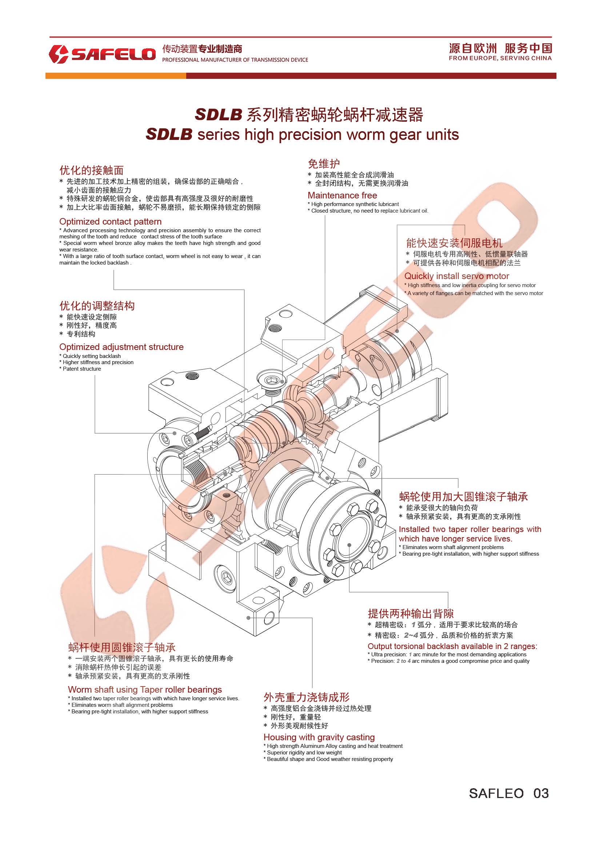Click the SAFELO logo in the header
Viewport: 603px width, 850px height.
coord(102,54)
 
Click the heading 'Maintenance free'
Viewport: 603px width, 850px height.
coord(342,195)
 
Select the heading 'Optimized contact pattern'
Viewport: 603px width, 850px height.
coord(110,222)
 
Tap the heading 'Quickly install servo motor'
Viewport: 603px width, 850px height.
coord(456,276)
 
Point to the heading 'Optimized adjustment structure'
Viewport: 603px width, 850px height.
coord(121,347)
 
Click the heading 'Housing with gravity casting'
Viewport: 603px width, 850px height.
coord(319,737)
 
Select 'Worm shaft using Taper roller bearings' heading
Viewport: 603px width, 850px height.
coord(145,690)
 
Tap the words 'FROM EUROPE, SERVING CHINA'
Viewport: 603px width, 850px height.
coord(500,58)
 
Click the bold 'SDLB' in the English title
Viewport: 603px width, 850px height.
coord(169,134)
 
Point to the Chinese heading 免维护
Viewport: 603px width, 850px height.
coord(323,164)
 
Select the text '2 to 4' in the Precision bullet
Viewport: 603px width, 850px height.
coord(403,661)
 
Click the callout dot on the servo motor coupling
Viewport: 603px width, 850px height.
coord(397,331)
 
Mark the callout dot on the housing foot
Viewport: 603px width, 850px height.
coord(248,618)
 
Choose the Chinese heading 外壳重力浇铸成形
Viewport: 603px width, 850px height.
coord(306,697)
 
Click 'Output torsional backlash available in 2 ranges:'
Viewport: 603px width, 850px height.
coord(452,646)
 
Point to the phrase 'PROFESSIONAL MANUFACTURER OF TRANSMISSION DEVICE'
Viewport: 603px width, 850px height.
coord(235,60)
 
